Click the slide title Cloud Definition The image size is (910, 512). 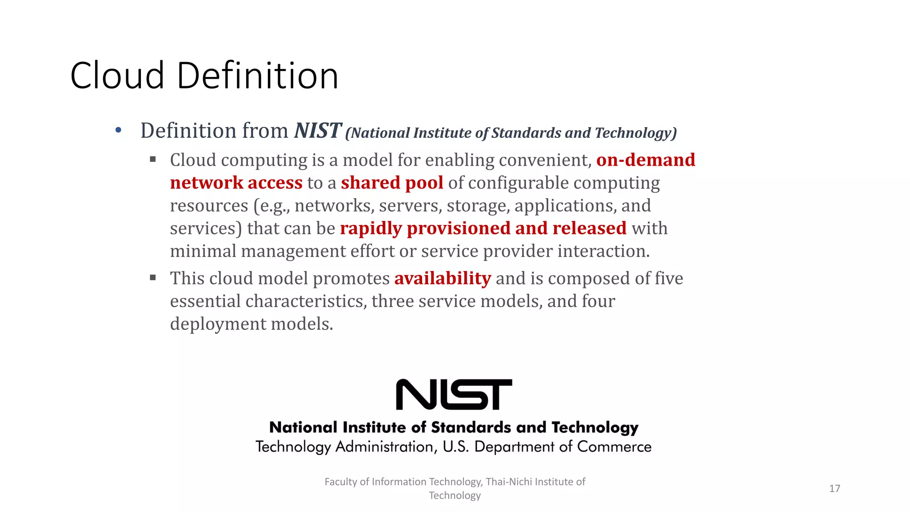tap(204, 76)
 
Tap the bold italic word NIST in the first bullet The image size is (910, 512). tap(318, 131)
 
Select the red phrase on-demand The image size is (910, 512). tap(646, 160)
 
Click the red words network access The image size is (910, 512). tap(236, 183)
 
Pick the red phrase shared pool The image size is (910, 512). tap(392, 183)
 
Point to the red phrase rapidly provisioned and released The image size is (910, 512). tap(483, 228)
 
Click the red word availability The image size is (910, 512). tap(443, 279)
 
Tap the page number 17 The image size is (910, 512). tap(834, 488)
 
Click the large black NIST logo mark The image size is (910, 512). tap(454, 395)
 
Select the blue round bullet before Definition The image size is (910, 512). tap(118, 131)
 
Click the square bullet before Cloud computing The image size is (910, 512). tap(153, 159)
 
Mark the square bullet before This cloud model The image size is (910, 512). tap(153, 278)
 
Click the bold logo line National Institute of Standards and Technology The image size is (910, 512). tap(454, 428)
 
